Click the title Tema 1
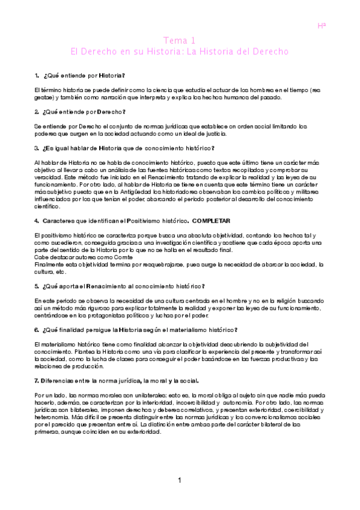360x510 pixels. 180,41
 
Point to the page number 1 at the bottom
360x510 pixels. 180,480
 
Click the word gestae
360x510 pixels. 44,97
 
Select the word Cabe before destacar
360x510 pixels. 41,256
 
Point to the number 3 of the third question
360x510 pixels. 37,148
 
